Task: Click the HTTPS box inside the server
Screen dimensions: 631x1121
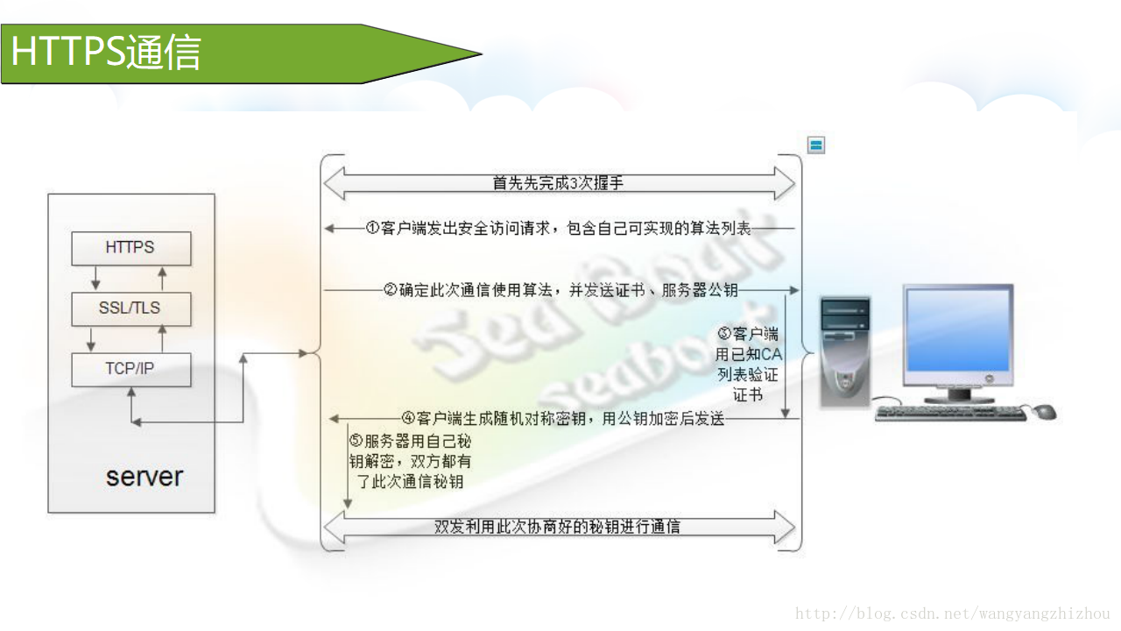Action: pos(130,248)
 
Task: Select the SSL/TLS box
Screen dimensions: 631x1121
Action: pos(130,308)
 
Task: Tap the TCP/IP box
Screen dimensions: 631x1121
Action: pos(130,369)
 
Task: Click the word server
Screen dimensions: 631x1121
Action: pos(145,477)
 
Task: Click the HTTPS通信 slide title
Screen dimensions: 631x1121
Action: pos(106,53)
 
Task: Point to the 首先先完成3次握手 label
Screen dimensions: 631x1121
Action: pos(558,183)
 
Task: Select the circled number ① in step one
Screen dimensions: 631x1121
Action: pos(373,229)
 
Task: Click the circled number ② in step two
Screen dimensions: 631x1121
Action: pos(391,290)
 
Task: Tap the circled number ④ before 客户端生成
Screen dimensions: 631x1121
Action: pos(408,419)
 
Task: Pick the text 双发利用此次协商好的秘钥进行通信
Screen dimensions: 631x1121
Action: pos(558,527)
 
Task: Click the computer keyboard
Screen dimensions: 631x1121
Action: pos(950,413)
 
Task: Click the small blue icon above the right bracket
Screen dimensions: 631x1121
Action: pos(816,145)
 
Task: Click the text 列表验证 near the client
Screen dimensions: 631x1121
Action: pos(747,374)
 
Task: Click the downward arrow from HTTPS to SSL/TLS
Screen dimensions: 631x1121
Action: pos(96,279)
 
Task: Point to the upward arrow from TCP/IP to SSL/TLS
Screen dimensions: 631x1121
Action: pos(161,339)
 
